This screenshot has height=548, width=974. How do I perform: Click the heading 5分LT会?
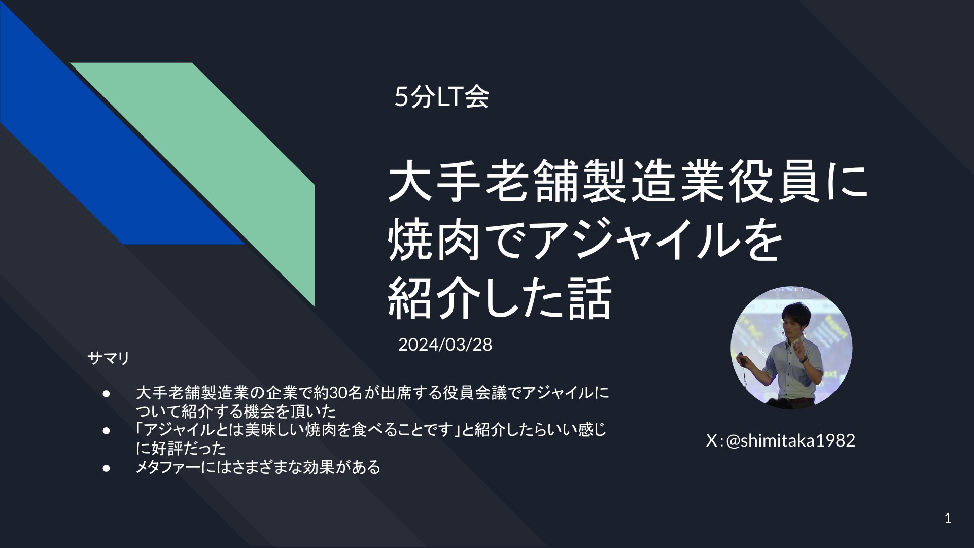click(x=441, y=97)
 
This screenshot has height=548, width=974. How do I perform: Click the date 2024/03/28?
click(x=445, y=345)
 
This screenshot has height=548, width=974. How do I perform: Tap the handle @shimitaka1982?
click(x=791, y=440)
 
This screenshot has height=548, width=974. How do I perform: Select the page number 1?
click(x=948, y=519)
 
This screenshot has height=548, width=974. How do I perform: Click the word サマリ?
click(x=109, y=358)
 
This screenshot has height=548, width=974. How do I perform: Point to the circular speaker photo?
click(x=791, y=348)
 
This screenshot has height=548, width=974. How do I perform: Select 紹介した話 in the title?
click(x=499, y=299)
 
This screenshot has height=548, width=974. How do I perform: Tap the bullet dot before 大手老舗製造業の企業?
click(x=106, y=393)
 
